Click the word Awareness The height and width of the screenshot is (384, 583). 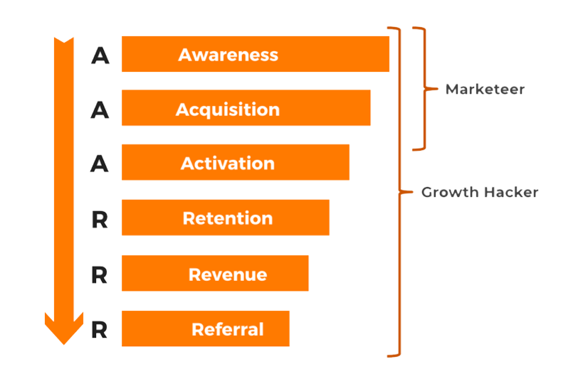[228, 55]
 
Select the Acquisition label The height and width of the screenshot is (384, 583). [227, 110]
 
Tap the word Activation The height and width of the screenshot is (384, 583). [227, 164]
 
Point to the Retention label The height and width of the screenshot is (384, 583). [227, 218]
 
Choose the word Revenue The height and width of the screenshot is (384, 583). [227, 274]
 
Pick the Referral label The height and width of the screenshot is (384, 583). [227, 330]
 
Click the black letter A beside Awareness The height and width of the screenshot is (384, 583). [100, 55]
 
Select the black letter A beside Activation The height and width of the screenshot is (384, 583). [100, 164]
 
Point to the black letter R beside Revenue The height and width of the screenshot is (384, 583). [100, 275]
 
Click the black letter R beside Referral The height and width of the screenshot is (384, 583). [100, 330]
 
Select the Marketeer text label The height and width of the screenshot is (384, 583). [485, 90]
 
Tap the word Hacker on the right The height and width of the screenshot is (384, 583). [511, 193]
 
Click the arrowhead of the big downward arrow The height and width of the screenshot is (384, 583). [64, 329]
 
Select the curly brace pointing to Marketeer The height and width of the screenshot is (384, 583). [421, 89]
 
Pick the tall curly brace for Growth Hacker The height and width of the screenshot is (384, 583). [399, 192]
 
